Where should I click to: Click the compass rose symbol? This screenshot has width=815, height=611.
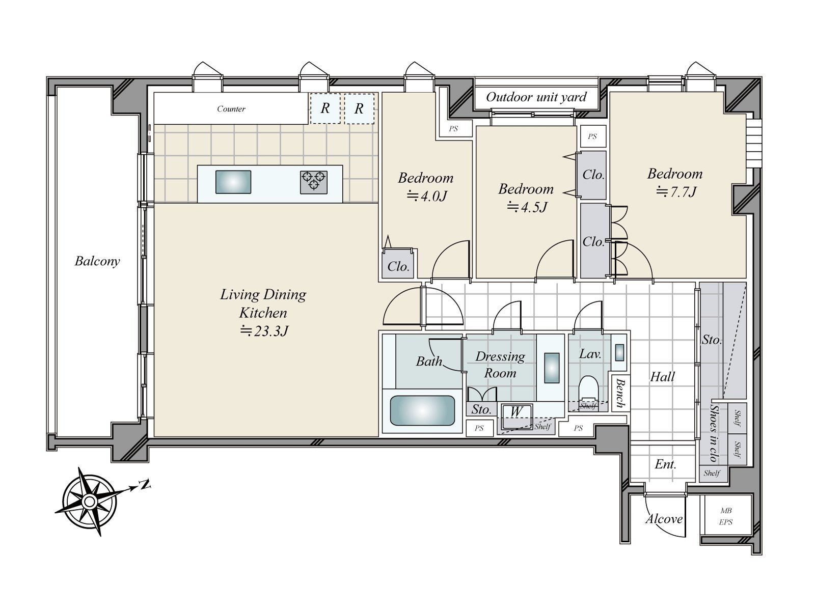[x=90, y=502]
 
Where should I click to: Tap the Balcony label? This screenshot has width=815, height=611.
[x=97, y=261]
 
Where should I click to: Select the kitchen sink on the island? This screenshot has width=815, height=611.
[x=233, y=182]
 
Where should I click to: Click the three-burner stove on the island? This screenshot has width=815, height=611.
[x=314, y=182]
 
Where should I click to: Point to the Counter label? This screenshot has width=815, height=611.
[x=231, y=108]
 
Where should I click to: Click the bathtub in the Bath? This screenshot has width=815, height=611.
[x=422, y=411]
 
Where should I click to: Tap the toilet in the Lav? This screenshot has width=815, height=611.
[x=588, y=389]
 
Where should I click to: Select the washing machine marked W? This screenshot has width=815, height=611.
[x=517, y=416]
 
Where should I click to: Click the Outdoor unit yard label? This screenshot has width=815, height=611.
[x=536, y=97]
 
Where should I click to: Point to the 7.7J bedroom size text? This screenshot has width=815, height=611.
[x=676, y=192]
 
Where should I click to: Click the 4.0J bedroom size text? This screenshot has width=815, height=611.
[x=427, y=196]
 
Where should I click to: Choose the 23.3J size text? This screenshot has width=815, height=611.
[x=264, y=330]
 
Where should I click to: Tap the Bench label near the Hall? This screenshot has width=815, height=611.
[x=620, y=393]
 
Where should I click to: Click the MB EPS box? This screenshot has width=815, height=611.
[x=726, y=516]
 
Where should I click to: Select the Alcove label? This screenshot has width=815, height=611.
[x=664, y=519]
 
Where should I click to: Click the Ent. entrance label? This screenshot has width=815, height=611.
[x=665, y=464]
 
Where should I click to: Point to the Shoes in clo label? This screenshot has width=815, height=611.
[x=714, y=433]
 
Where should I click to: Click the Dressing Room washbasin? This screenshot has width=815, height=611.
[x=551, y=368]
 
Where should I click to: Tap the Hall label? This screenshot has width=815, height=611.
[x=662, y=377]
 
